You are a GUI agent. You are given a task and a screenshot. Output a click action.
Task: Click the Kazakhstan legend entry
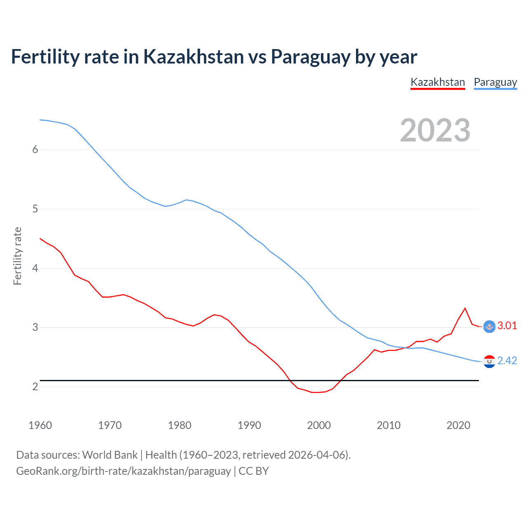tap(438, 82)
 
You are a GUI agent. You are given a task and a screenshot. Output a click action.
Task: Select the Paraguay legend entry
tap(495, 82)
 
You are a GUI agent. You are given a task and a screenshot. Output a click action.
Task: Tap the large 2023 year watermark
tap(435, 130)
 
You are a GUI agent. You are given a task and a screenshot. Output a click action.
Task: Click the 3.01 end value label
tap(507, 325)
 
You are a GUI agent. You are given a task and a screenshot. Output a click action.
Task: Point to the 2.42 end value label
tap(507, 361)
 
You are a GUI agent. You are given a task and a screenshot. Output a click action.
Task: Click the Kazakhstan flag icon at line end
tap(489, 326)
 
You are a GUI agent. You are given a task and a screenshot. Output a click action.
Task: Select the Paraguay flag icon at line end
tap(489, 361)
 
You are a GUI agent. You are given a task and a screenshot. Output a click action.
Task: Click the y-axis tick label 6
tap(35, 150)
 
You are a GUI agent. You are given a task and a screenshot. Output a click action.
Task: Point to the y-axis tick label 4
tap(35, 268)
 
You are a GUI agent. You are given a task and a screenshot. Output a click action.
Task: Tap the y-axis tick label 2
tap(35, 387)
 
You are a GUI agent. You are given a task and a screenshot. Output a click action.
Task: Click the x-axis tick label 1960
tap(40, 425)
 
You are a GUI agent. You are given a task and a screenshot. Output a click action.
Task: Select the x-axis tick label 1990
tap(249, 425)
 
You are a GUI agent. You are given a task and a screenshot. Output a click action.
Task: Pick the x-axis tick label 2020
tap(458, 425)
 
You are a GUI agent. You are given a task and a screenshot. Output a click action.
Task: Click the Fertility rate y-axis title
tap(17, 256)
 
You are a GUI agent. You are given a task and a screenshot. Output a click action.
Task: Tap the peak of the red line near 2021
tap(465, 308)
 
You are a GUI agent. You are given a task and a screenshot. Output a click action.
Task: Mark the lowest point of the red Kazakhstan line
tap(316, 392)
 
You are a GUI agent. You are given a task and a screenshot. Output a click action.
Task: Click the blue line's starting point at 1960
tap(40, 120)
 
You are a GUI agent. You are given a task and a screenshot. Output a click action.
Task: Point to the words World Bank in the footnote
tap(110, 455)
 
